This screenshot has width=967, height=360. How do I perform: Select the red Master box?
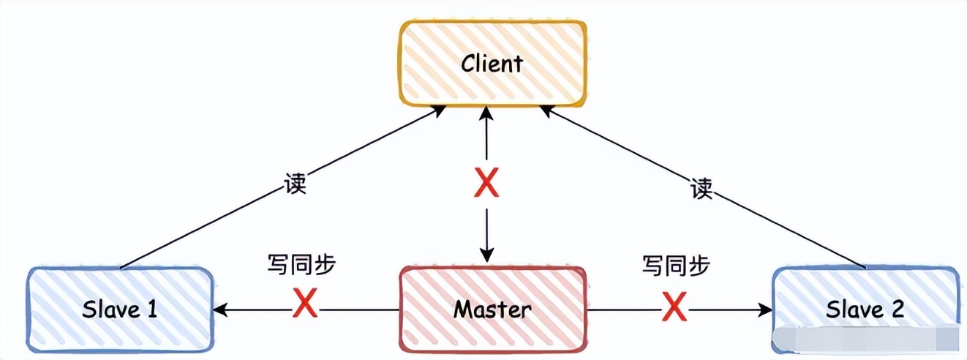click(x=492, y=309)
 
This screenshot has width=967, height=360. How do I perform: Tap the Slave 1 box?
click(x=120, y=309)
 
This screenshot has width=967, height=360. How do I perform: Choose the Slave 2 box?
click(x=865, y=309)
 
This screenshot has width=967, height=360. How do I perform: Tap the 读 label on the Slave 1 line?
click(x=294, y=184)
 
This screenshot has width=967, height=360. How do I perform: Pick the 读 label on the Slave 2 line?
click(x=701, y=189)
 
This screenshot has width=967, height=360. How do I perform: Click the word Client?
click(x=492, y=63)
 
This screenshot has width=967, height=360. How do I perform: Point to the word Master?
click(x=492, y=309)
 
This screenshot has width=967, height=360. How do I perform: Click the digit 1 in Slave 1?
click(x=151, y=309)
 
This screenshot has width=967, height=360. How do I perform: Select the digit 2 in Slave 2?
click(x=897, y=309)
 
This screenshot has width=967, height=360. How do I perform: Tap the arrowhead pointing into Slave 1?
click(x=219, y=310)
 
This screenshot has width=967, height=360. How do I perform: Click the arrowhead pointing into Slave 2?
click(x=767, y=310)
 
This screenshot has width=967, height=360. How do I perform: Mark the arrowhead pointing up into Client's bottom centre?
click(x=486, y=112)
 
